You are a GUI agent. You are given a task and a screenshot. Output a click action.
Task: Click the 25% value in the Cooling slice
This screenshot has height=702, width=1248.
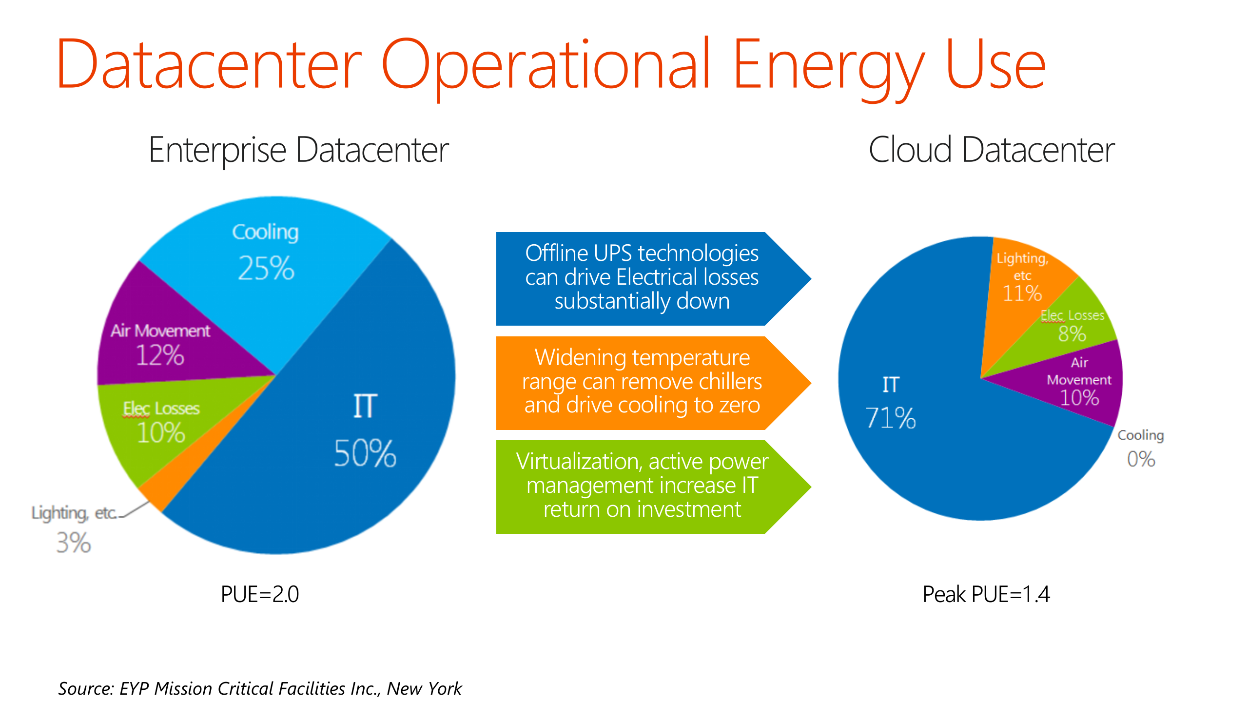coord(266,268)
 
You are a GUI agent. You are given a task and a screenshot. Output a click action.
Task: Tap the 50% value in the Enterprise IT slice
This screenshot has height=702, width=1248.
coord(365,453)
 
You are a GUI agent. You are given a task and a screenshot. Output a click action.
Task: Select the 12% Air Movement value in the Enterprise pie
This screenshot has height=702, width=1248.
coord(160,355)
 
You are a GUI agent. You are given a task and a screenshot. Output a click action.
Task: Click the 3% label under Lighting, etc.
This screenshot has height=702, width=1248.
coord(74,543)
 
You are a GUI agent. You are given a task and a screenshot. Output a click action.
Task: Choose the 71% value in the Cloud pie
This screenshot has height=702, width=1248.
coord(891,418)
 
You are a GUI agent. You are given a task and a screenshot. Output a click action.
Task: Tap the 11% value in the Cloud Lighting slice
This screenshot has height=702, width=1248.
coord(1022,293)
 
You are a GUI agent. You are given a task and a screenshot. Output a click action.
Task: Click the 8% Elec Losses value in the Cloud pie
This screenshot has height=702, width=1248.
coord(1072,334)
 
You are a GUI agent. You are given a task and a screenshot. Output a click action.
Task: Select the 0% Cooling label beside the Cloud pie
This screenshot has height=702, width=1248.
coord(1141,459)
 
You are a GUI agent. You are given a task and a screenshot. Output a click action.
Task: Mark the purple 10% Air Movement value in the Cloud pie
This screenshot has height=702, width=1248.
coord(1079,398)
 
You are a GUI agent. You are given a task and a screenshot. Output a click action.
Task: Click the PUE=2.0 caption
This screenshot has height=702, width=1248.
coord(260,594)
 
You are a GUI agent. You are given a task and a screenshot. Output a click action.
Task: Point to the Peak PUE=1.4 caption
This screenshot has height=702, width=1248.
coord(986,594)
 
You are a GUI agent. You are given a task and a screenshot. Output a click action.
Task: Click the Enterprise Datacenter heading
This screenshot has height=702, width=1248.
coord(298,150)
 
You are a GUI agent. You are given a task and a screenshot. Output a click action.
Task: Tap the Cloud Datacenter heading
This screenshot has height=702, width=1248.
coord(992,150)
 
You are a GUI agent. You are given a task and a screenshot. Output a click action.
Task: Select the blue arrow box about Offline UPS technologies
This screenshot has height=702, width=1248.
coord(642,278)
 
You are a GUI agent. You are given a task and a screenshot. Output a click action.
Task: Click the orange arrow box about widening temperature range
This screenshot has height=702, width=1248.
coord(642,382)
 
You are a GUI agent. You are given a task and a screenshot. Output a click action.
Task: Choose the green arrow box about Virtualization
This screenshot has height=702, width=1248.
coord(642,486)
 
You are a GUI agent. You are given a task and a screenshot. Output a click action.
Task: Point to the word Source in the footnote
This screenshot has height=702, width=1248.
coord(86,688)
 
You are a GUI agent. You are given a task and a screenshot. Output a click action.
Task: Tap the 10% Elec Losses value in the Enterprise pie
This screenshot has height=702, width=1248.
coord(161,433)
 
